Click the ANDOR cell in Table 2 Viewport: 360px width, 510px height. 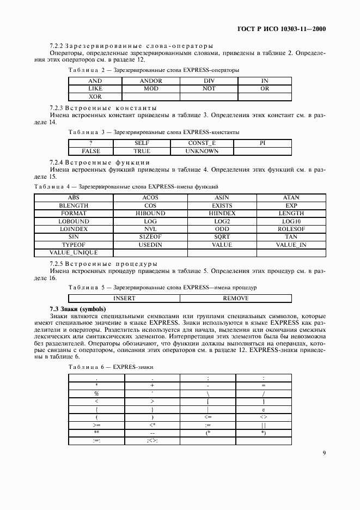(x=151, y=81)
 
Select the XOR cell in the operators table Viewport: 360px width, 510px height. (x=95, y=96)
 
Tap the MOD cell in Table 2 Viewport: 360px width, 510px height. (x=151, y=88)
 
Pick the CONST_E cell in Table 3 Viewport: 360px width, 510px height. (x=202, y=143)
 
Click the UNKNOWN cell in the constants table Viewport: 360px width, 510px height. (x=202, y=151)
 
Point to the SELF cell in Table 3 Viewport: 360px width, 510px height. (x=142, y=143)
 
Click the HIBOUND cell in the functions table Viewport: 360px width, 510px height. (x=150, y=214)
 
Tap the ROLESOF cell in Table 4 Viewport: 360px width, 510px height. (x=290, y=229)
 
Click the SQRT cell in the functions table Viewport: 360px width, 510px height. (x=222, y=237)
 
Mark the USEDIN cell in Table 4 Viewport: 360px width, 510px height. (x=150, y=245)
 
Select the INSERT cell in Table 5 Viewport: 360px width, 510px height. (x=124, y=298)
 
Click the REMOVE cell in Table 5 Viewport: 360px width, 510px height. (x=236, y=298)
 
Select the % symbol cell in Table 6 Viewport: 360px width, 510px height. (x=96, y=393)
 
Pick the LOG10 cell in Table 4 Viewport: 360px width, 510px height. (x=290, y=222)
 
